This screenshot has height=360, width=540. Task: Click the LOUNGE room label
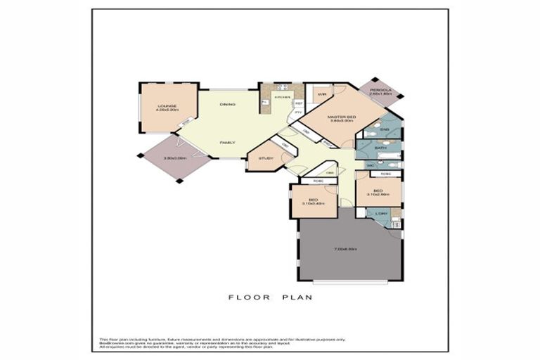[167, 106]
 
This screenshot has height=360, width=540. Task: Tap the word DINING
[227, 105]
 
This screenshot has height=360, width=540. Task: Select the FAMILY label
[227, 143]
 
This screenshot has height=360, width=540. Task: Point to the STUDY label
[266, 158]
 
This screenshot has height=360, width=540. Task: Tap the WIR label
[321, 94]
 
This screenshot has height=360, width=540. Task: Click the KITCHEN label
[283, 96]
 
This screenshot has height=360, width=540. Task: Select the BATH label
[380, 148]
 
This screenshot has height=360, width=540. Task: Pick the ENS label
[385, 129]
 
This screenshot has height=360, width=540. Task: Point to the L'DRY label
[382, 214]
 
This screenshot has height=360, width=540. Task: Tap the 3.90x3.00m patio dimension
[174, 158]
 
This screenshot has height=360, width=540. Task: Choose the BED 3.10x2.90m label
[378, 192]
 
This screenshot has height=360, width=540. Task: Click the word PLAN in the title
[298, 297]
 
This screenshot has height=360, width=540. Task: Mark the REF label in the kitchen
[299, 103]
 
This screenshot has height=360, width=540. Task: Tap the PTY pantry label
[298, 112]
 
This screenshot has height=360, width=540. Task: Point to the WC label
[371, 165]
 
